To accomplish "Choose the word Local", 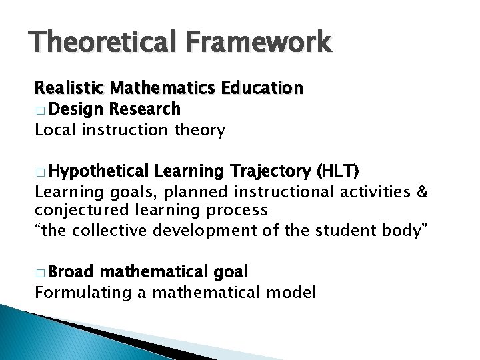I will [x=55, y=129].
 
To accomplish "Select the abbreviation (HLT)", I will [x=339, y=172].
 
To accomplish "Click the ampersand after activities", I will [x=421, y=193].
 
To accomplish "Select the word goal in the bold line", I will [x=231, y=272].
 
